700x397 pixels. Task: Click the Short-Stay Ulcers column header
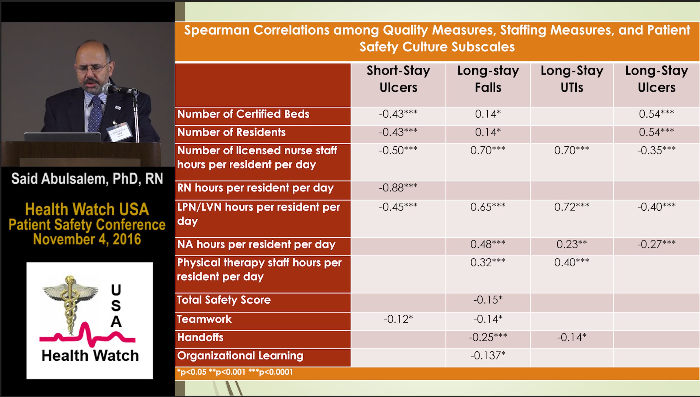(398, 79)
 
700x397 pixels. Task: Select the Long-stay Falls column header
(488, 79)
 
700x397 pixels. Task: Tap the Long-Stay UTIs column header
(572, 79)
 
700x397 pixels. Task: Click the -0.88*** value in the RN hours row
(398, 187)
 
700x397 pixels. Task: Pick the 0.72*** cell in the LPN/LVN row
(572, 207)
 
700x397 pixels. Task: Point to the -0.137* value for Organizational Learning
(488, 355)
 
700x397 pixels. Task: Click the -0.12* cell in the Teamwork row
(398, 319)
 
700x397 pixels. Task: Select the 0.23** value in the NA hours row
(572, 244)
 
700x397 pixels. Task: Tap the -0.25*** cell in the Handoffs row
(488, 337)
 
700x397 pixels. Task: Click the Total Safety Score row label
(224, 300)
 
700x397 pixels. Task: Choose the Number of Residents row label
(231, 132)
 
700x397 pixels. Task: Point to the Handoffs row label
(200, 337)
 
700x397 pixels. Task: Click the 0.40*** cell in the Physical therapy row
(572, 262)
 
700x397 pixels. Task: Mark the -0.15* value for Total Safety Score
(488, 300)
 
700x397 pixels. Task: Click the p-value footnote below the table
(235, 372)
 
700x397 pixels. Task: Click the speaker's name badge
(120, 132)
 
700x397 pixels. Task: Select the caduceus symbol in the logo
(69, 305)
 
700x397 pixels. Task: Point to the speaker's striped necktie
(95, 113)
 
